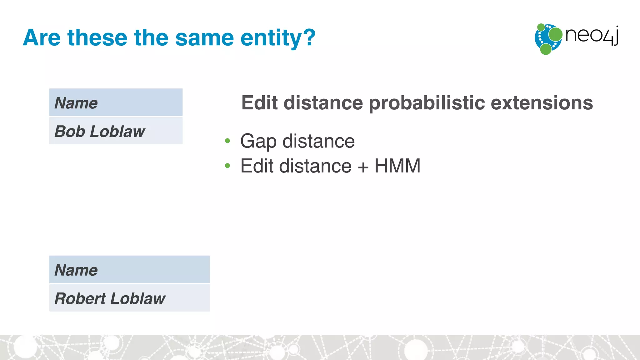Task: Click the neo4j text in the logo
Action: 592,35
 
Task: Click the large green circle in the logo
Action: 555,34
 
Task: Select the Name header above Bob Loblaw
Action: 76,103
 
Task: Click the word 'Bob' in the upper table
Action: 70,131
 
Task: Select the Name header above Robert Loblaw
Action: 76,270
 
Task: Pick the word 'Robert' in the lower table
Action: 80,298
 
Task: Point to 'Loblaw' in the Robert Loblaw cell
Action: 138,298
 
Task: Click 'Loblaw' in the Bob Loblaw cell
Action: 117,131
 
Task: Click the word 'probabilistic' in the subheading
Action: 427,103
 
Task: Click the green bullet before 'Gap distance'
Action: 227,141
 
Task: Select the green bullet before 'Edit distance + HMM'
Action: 227,166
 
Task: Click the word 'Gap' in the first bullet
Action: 258,142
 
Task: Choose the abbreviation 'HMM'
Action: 397,166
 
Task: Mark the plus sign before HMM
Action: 363,167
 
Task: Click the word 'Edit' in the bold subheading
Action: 259,103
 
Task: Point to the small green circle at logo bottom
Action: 546,49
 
